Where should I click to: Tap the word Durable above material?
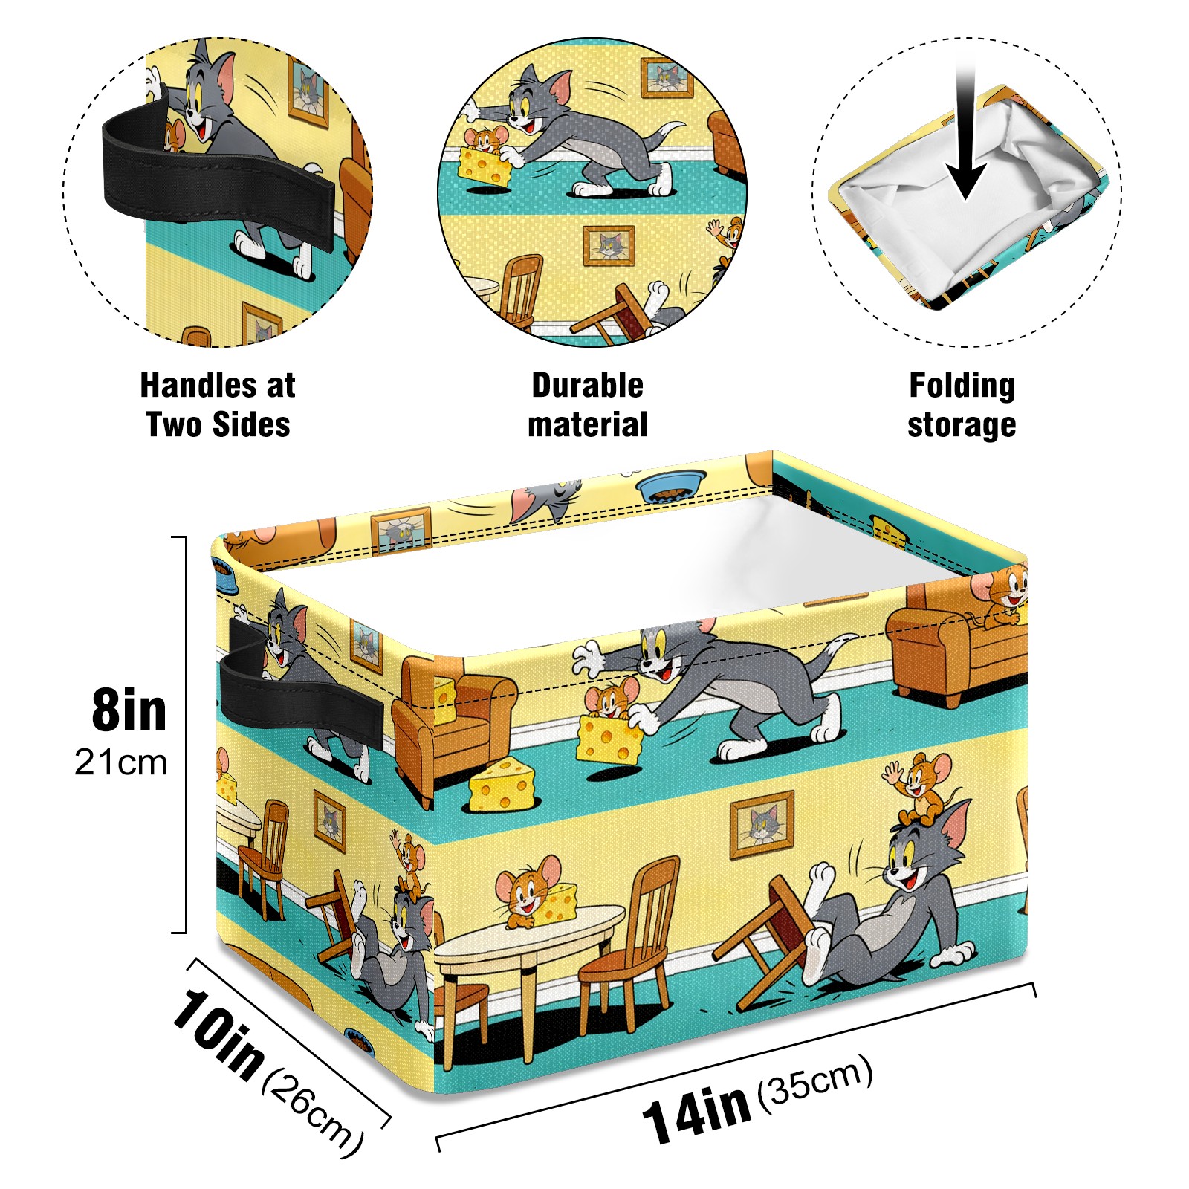587,385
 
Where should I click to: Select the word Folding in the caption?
962,385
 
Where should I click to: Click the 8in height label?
129,710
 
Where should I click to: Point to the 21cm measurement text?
120,762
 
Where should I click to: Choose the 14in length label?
696,1115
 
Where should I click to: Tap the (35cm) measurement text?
814,1081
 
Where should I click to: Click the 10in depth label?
217,1033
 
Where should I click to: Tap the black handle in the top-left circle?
216,175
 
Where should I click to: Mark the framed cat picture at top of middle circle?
667,77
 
